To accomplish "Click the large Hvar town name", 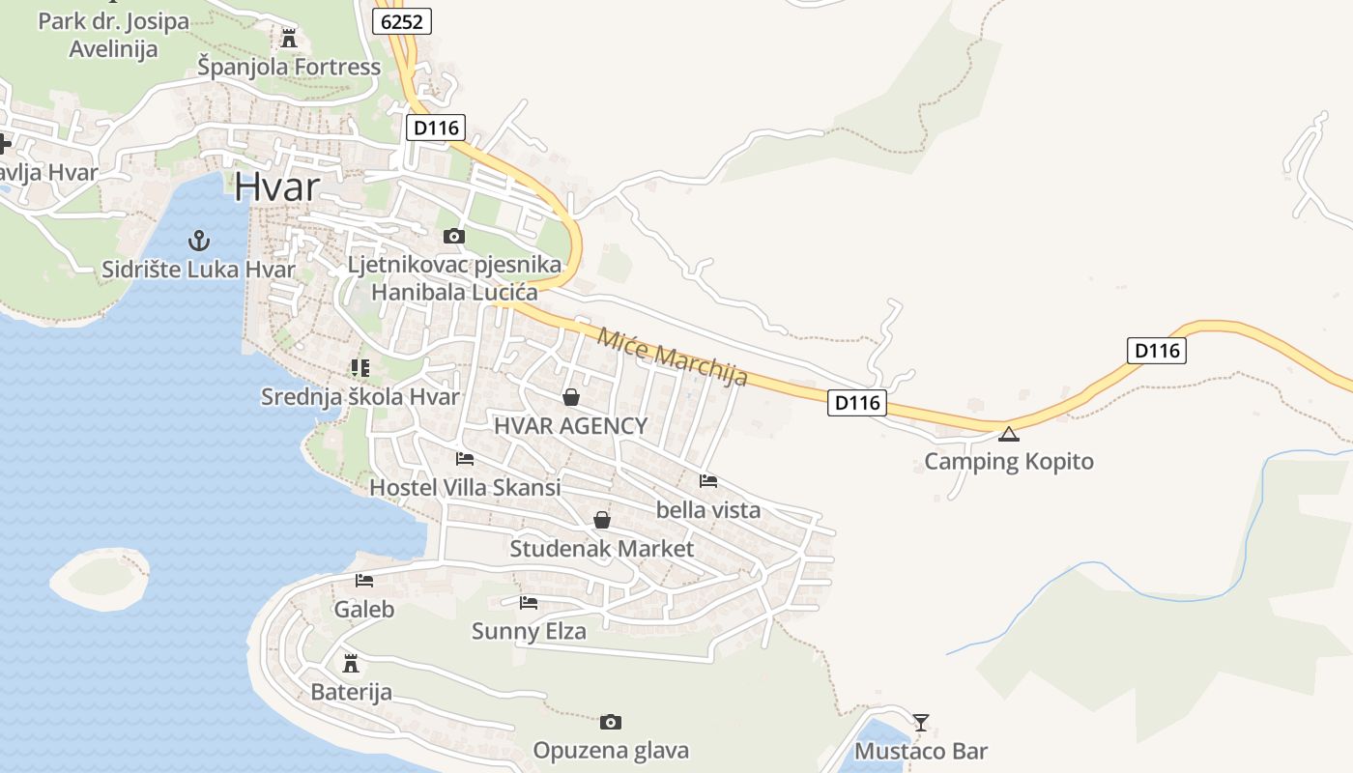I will [x=276, y=186].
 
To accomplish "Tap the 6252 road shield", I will [x=402, y=21].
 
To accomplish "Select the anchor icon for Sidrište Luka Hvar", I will [x=199, y=240].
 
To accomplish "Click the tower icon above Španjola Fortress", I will [x=288, y=39].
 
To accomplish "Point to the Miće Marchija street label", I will [x=673, y=356].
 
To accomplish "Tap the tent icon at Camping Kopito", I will [x=1009, y=434].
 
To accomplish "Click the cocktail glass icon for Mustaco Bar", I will [x=921, y=722].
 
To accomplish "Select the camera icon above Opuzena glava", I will [x=610, y=722].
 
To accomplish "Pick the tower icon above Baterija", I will [x=351, y=664].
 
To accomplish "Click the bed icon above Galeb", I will [x=364, y=581].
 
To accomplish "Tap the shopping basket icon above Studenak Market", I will [x=602, y=520].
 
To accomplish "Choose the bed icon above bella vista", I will [x=708, y=481].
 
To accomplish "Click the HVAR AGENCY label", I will [x=570, y=426].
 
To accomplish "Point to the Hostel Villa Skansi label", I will [x=465, y=488].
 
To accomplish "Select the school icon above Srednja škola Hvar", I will [x=360, y=368].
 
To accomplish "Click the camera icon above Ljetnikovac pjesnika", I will [x=453, y=236].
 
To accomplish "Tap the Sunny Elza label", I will [x=529, y=632].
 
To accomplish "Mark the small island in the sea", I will [x=101, y=578].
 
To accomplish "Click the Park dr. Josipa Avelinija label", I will [x=113, y=35].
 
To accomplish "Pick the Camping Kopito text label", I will [x=1009, y=461].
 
